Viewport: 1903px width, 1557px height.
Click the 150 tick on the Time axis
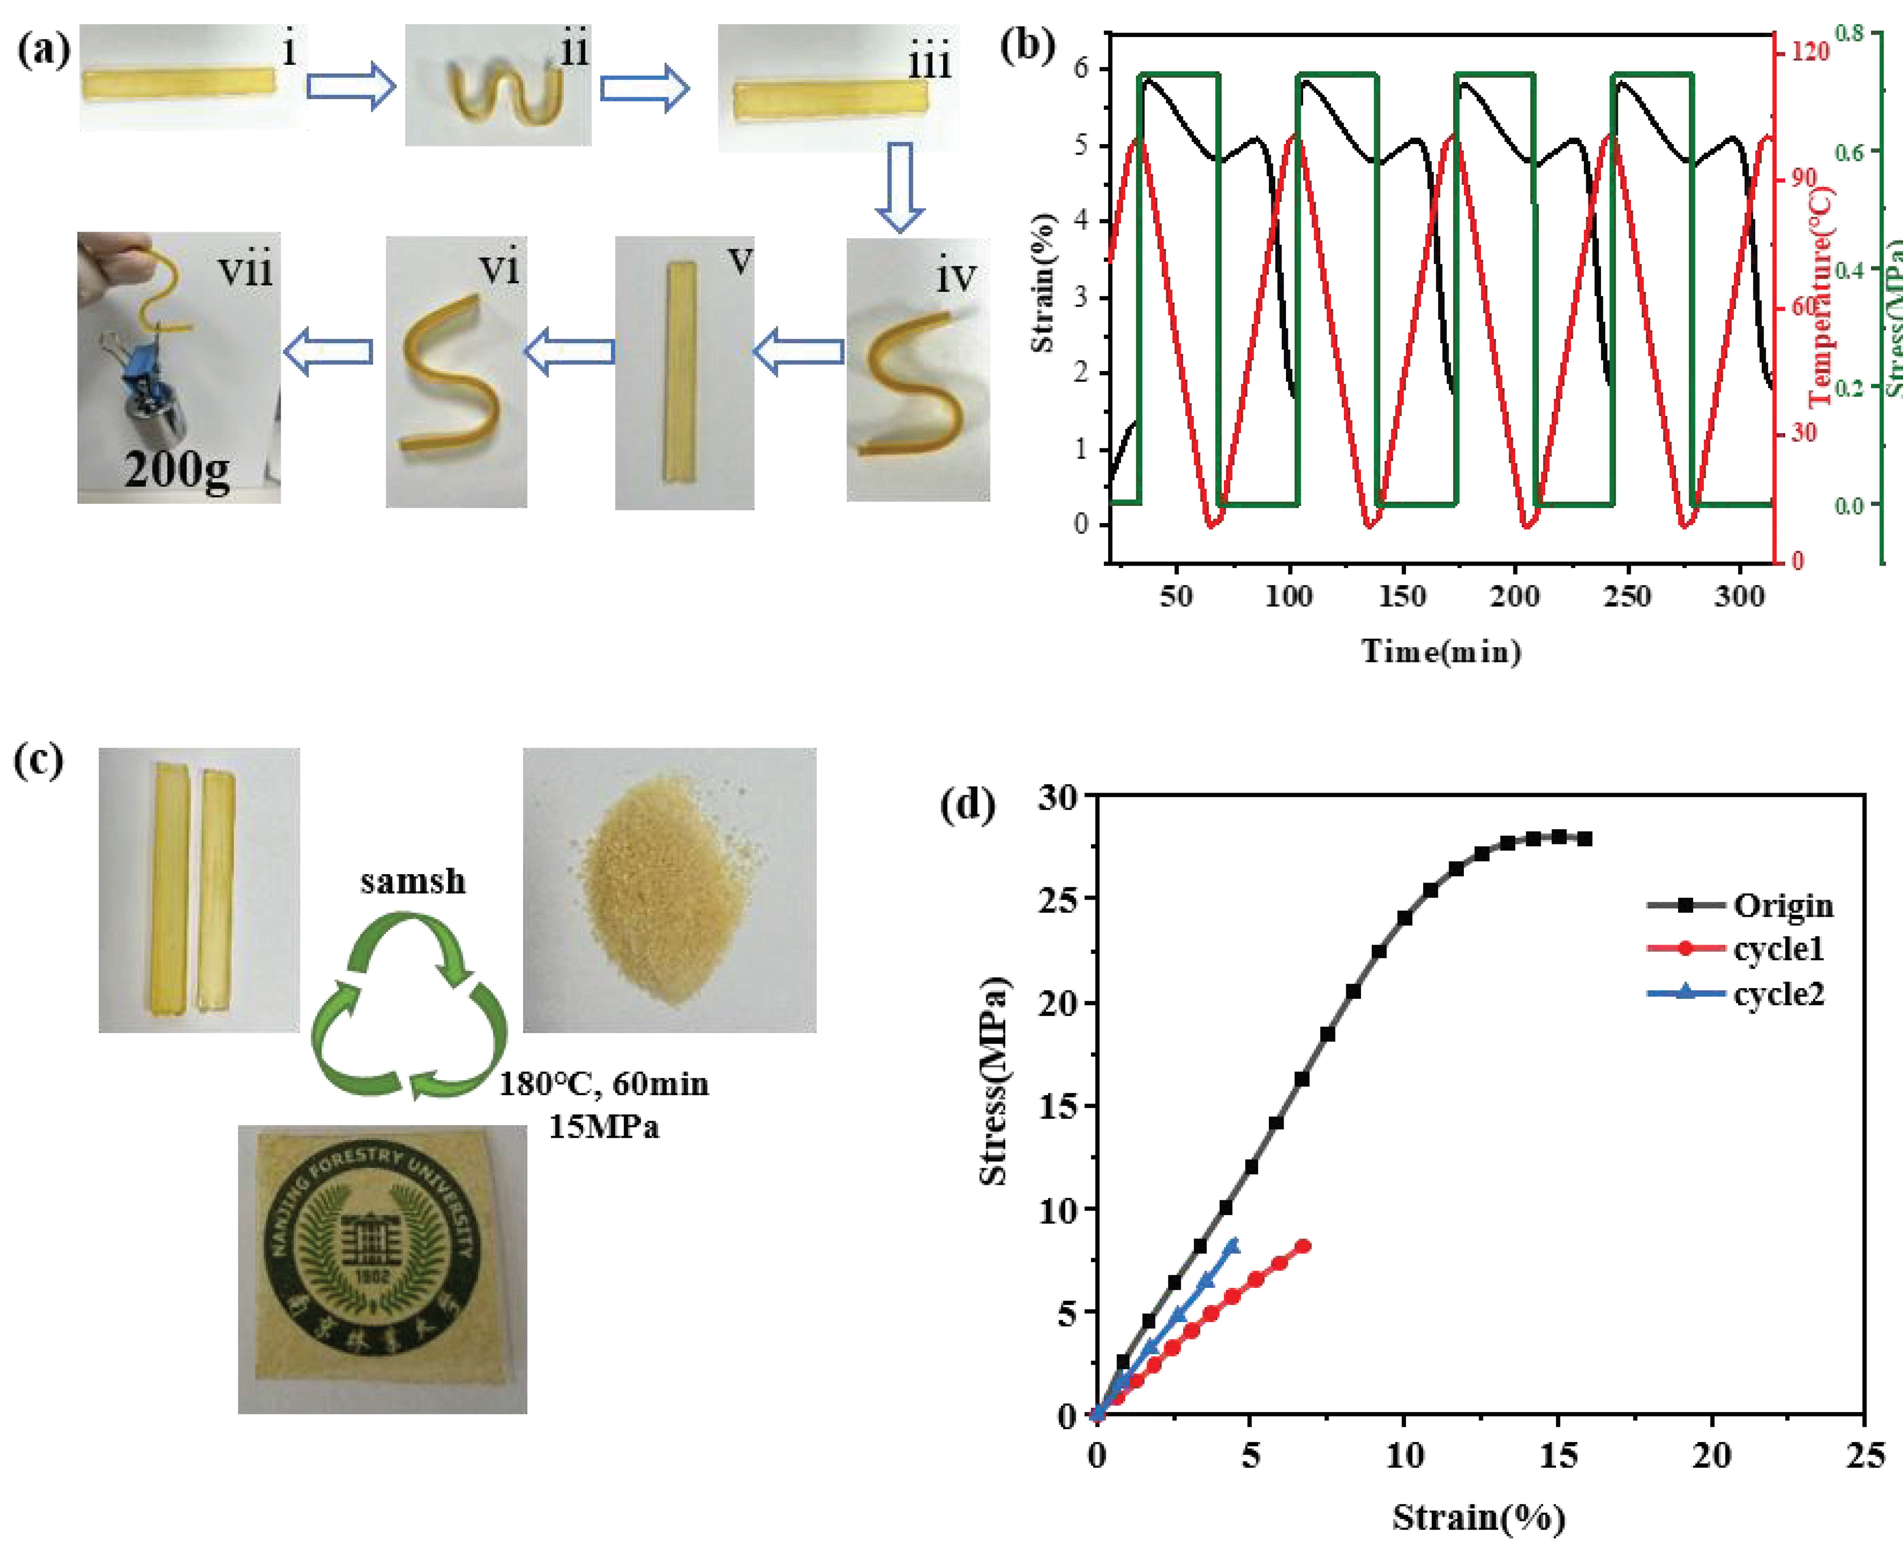[1402, 596]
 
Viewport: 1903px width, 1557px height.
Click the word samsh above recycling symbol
[413, 882]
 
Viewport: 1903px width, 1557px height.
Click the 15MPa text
[604, 1126]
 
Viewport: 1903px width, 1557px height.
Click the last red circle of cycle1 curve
[1303, 1246]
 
